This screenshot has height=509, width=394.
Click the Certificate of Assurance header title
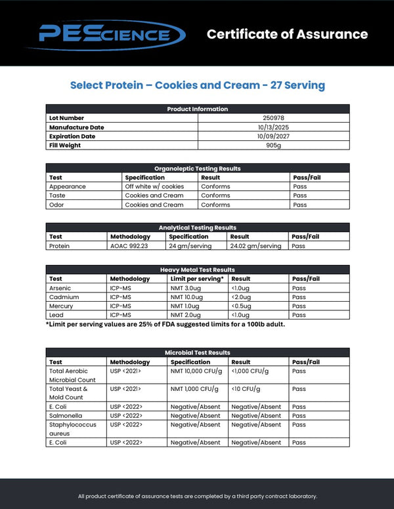coord(287,34)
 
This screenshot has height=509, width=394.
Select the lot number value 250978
coord(273,118)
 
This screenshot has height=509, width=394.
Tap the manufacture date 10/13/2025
coord(273,127)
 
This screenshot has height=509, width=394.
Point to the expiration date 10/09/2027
coord(273,136)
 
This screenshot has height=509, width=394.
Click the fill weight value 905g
coord(273,146)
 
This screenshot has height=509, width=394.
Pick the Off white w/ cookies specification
coord(154,186)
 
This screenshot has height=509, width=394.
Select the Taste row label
coord(58,195)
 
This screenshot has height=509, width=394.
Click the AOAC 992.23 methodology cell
coord(128,246)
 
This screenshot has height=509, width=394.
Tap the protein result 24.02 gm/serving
coord(255,246)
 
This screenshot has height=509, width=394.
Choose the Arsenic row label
coord(60,288)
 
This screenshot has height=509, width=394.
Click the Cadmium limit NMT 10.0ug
coord(187,297)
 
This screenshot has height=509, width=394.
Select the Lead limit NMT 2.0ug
coord(186,316)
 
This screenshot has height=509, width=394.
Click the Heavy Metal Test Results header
coord(197,270)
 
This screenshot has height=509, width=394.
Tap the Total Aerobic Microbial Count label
coord(72,375)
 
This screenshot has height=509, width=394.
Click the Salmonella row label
coord(64,416)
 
